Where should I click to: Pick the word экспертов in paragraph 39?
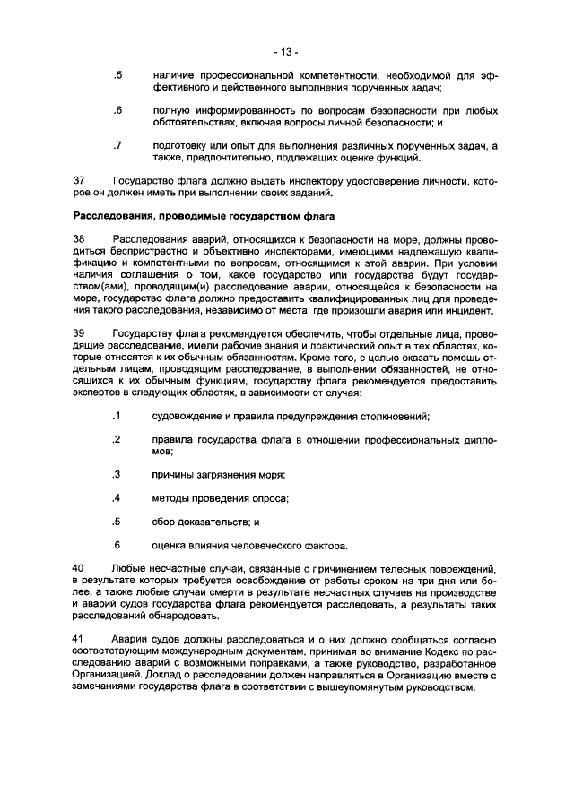pyautogui.click(x=98, y=393)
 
